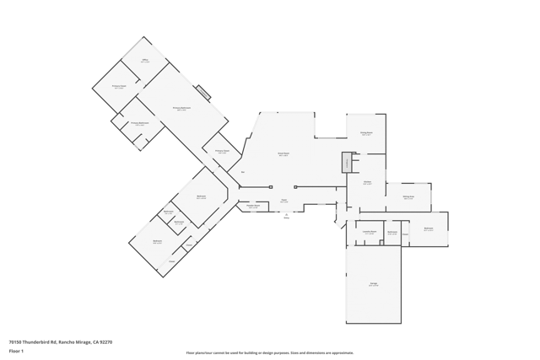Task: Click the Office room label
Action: pos(145,61)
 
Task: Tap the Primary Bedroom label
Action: pos(181,109)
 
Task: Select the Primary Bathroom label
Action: pos(140,124)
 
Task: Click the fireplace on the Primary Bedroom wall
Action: pos(203,93)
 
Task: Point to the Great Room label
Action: pos(283,154)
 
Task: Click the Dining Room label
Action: pos(366,133)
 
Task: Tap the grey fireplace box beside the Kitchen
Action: pos(346,162)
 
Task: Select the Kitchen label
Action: pos(368,182)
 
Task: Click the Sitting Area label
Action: pos(408,197)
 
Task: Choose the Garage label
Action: pos(373,285)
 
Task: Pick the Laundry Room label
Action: pos(370,232)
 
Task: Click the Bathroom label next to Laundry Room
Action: pos(392,233)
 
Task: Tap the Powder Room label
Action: pos(253,206)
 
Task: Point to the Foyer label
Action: pos(284,201)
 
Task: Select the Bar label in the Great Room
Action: pos(243,173)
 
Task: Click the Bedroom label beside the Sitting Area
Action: pos(429,228)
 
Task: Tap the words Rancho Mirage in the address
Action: pos(74,342)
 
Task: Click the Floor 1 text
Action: pos(16,351)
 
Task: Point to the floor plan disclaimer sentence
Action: pos(270,353)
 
